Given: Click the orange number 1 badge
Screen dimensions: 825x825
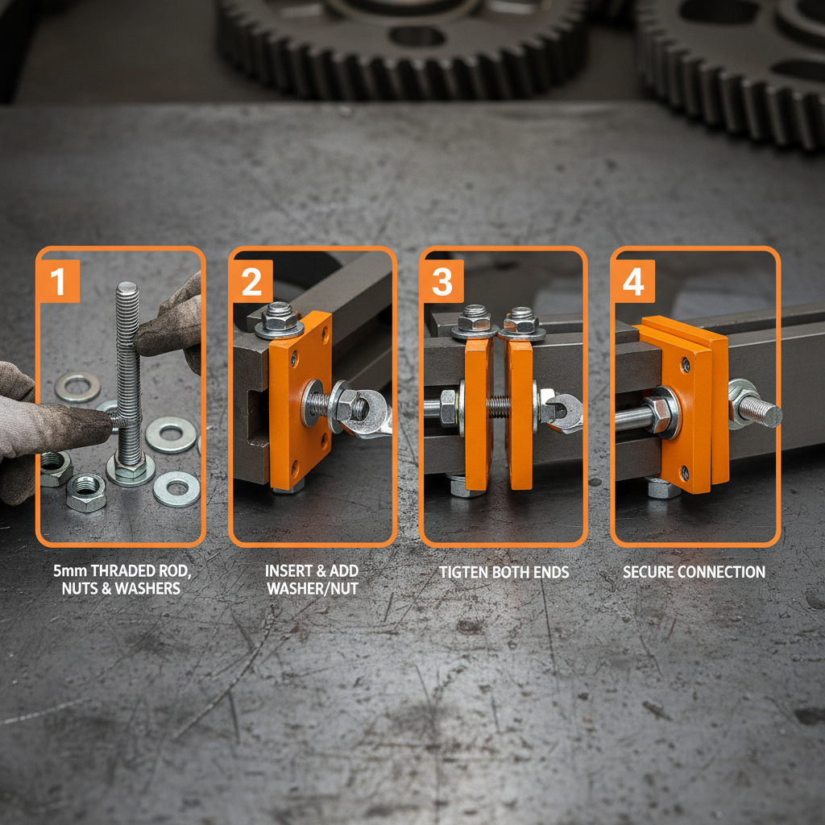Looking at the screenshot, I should (58, 282).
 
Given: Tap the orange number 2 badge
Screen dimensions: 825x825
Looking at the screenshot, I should (251, 282).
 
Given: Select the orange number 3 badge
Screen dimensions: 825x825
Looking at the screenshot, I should (442, 282).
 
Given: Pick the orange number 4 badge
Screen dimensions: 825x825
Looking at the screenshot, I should (633, 282).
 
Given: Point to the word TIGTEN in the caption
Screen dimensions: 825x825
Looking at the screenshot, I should (463, 572).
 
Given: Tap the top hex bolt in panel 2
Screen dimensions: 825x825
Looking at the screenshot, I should (279, 317).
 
